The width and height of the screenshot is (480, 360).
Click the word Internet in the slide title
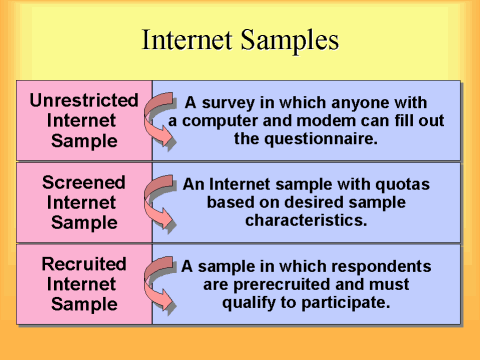point(188,41)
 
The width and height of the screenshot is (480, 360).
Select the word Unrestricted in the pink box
point(84,101)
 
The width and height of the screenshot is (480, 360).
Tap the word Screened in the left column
point(84,183)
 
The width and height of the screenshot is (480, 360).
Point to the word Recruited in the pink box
point(84,265)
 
